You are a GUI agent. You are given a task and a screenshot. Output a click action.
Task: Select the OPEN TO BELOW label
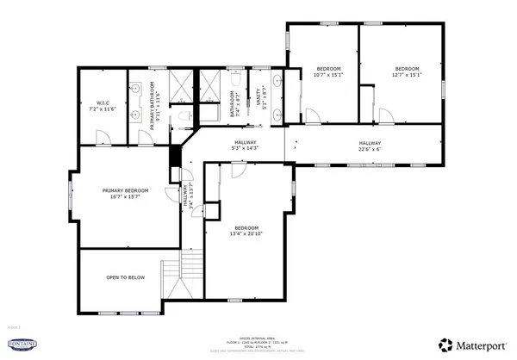[x=125, y=278]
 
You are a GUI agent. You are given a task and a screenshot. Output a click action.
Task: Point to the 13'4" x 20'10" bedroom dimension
[x=246, y=233]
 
